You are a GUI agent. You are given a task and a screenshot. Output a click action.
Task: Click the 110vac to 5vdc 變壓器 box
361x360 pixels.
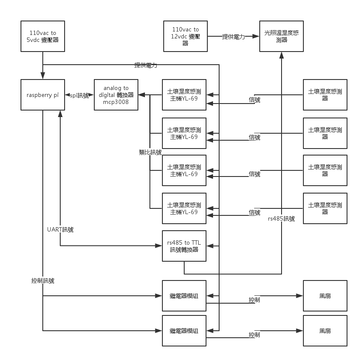coord(43,36)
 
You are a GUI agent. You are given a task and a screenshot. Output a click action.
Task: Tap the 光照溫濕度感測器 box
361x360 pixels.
coord(282,36)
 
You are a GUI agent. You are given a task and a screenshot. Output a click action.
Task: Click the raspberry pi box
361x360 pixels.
coord(43,95)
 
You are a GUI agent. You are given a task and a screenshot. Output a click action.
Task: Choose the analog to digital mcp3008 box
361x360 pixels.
coord(116,95)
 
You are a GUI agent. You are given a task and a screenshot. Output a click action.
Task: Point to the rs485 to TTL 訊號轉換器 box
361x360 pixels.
coord(184,246)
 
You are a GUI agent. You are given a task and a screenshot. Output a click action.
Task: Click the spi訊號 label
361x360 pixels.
coord(79,95)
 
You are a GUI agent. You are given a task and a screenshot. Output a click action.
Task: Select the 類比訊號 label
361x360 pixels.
coord(150,152)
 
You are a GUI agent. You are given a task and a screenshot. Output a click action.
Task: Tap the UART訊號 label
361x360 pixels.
coord(60,229)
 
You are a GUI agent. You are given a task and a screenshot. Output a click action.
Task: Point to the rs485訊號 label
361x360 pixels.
coord(281,218)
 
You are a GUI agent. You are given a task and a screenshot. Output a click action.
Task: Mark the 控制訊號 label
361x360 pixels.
coord(43,280)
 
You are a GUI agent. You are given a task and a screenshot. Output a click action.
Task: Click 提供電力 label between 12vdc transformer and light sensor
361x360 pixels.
coord(234,37)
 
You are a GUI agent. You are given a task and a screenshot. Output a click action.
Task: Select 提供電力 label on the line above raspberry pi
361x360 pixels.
coord(146,65)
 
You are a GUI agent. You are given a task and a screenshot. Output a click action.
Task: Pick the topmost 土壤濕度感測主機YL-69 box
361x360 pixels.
coord(184,95)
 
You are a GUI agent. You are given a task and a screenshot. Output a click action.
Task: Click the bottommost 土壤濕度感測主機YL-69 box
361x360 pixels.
coord(184,208)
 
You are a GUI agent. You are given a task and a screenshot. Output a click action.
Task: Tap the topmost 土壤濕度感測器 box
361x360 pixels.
coord(325,95)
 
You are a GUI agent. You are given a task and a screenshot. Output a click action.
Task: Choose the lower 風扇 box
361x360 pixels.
coord(325,331)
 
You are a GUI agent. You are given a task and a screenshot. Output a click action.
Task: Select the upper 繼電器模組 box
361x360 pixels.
coord(184,296)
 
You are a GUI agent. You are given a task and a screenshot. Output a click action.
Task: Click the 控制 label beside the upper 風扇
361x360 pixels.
coord(254,300)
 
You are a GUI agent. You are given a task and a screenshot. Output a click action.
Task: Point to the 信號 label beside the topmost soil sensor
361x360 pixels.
coord(254,100)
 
